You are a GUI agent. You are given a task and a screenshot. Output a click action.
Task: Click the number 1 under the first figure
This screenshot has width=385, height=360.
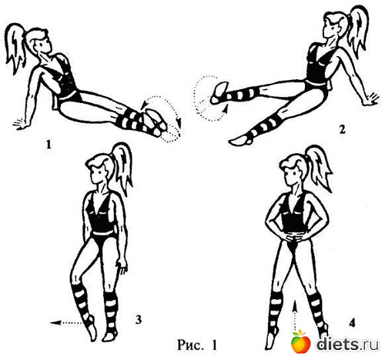click(x=49, y=145)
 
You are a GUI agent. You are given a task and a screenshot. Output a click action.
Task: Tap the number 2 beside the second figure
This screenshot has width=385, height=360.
click(x=342, y=130)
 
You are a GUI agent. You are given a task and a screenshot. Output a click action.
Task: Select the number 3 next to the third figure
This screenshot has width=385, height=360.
click(x=139, y=320)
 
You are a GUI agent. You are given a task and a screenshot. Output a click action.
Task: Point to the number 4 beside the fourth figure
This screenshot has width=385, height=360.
click(x=352, y=323)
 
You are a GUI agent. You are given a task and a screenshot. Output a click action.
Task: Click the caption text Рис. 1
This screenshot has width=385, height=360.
click(x=197, y=345)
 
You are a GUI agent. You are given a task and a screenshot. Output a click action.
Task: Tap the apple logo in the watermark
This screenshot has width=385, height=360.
click(x=300, y=342)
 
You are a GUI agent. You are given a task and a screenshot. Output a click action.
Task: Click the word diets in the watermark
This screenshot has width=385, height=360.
click(x=337, y=344)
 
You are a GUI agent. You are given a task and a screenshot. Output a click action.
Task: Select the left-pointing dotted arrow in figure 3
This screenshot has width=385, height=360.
click(x=66, y=323)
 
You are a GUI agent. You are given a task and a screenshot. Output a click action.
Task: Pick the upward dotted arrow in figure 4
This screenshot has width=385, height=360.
click(x=295, y=315)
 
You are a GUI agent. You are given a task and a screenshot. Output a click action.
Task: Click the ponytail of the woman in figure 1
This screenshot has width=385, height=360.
click(x=16, y=48)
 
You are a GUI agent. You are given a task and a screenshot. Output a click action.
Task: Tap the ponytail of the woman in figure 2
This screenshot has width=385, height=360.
click(x=358, y=31)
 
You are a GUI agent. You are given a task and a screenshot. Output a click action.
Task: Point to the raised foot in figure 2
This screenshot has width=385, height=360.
click(x=219, y=93)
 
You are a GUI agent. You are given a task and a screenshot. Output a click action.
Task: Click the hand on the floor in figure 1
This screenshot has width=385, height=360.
click(x=20, y=125)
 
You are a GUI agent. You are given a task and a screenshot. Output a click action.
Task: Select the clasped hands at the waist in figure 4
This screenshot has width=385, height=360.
click(x=294, y=236)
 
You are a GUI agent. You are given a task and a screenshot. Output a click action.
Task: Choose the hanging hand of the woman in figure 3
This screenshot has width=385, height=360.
click(x=122, y=268)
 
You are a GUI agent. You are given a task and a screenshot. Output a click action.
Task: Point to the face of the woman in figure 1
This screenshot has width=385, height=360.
click(x=44, y=45)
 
